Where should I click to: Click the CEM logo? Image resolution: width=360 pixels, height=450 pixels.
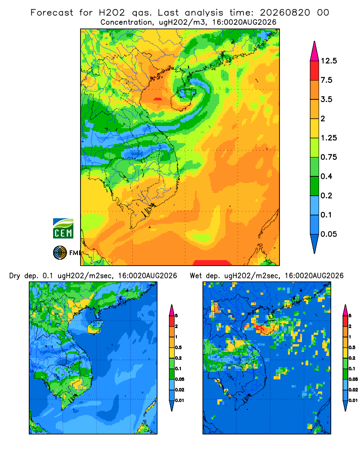[x=63, y=228]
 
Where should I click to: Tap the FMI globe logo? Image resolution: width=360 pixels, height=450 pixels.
[x=60, y=252]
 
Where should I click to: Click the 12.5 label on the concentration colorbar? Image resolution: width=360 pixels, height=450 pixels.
[x=329, y=61]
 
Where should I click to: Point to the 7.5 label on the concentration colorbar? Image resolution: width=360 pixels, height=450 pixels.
[x=326, y=80]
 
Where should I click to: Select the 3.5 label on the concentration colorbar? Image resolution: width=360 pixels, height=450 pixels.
[x=326, y=99]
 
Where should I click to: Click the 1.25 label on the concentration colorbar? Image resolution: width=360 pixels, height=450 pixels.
[x=329, y=138]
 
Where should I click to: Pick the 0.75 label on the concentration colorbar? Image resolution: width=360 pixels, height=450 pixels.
[x=329, y=157]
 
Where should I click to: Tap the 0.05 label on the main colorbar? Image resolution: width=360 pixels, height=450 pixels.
[x=329, y=234]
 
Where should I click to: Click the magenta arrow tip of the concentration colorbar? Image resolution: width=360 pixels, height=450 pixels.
[x=315, y=51]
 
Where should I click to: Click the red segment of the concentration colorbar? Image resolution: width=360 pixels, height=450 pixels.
[x=315, y=71]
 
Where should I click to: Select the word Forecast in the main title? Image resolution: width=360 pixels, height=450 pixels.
[x=52, y=13]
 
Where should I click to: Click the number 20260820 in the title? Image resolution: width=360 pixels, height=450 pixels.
[x=285, y=13]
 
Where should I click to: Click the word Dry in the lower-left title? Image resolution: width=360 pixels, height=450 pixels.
[x=15, y=276]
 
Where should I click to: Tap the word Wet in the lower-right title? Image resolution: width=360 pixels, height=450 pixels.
[x=196, y=276]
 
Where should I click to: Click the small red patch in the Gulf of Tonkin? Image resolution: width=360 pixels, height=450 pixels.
[x=157, y=99]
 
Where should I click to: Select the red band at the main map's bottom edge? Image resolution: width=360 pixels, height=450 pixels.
[x=212, y=263]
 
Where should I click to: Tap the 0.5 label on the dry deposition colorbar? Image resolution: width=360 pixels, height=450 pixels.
[x=178, y=347]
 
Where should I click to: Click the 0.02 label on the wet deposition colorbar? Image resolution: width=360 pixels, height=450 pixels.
[x=353, y=390]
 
